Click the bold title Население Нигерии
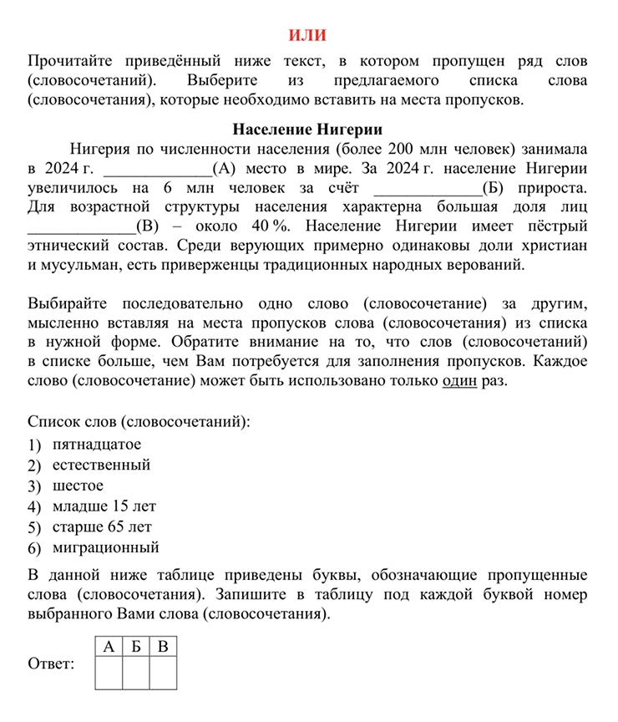pos(307,130)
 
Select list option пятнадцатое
pos(96,444)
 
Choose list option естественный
pos(101,465)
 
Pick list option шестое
pos(78,486)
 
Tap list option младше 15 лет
pos(104,506)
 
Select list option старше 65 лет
pos(102,527)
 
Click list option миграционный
pos(105,548)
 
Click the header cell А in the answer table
pos(109,647)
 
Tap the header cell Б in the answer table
pos(135,647)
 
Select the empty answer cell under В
pos(163,674)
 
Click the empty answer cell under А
pos(109,674)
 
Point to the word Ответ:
pos(51,664)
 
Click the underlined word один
pos(461,379)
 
